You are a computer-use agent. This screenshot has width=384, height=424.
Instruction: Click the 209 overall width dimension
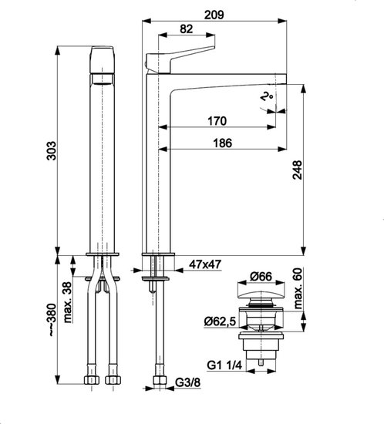[214, 15]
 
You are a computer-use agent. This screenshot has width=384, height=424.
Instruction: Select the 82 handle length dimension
[187, 29]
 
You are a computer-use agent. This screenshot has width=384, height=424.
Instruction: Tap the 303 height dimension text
[51, 150]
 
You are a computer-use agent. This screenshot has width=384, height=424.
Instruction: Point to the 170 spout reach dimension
[217, 121]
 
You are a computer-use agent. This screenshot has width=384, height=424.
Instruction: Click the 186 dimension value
[223, 143]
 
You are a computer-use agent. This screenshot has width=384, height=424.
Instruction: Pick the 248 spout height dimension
[297, 170]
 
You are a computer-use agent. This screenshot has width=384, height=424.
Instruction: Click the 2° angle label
[267, 96]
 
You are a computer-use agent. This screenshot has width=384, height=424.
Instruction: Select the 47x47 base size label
[205, 264]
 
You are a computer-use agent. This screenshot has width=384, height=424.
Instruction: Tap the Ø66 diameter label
[261, 276]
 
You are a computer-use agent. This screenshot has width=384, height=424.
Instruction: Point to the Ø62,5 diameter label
[220, 321]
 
